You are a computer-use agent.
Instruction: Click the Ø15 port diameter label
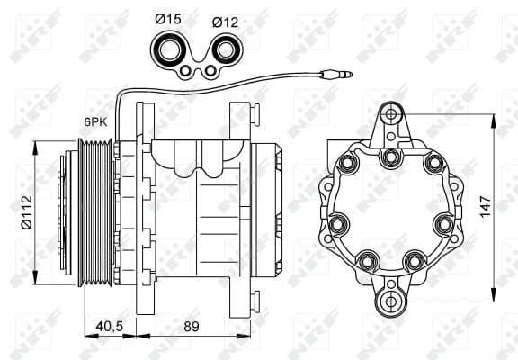[168, 17]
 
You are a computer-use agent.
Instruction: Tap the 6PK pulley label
[97, 120]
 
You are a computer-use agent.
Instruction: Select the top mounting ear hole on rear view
[390, 115]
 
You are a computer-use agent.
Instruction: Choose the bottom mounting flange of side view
[240, 301]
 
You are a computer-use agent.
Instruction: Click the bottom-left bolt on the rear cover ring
[366, 262]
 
